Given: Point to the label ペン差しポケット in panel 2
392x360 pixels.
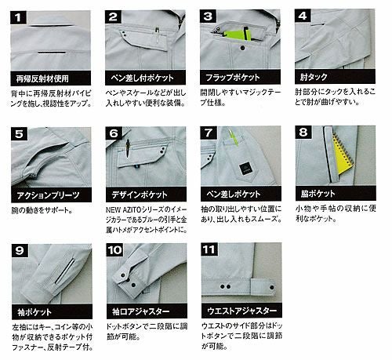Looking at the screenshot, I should tap(144, 79).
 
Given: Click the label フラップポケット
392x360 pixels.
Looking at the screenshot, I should tap(238, 79).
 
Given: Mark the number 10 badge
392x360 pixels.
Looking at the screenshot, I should tap(114, 252).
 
